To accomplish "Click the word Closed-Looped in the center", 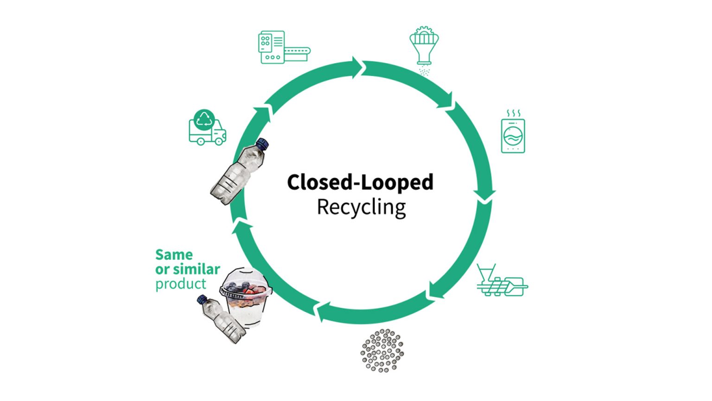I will click(360, 182).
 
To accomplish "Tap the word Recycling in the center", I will click(361, 207).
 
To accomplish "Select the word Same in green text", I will click(174, 255).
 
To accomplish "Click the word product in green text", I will click(181, 284).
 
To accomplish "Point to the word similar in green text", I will click(197, 269).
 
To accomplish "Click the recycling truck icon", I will click(207, 128).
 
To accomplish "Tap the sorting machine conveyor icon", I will click(283, 47).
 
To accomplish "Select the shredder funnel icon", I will click(424, 46).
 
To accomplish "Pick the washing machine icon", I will click(513, 135).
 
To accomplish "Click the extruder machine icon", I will click(502, 282).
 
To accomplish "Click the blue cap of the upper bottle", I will click(262, 144).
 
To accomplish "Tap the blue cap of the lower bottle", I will click(202, 299).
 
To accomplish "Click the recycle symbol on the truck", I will click(204, 120).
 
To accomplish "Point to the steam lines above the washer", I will click(513, 113).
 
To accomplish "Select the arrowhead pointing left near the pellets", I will click(323, 310).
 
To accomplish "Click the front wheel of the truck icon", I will click(218, 140).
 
